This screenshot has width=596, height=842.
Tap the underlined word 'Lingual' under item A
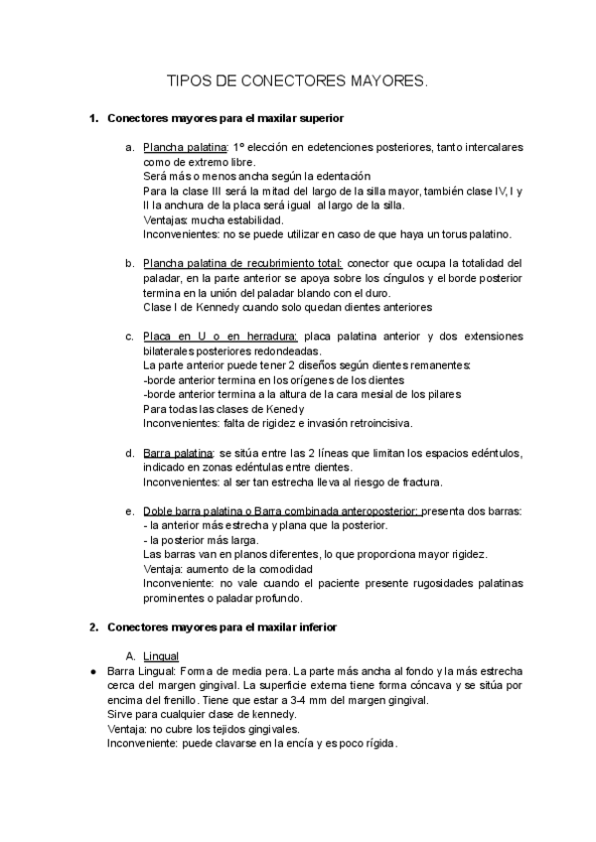pyautogui.click(x=161, y=657)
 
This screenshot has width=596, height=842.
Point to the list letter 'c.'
pyautogui.click(x=129, y=337)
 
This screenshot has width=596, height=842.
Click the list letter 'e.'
pyautogui.click(x=129, y=511)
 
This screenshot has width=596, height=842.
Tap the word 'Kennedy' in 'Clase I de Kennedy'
pyautogui.click(x=226, y=307)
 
